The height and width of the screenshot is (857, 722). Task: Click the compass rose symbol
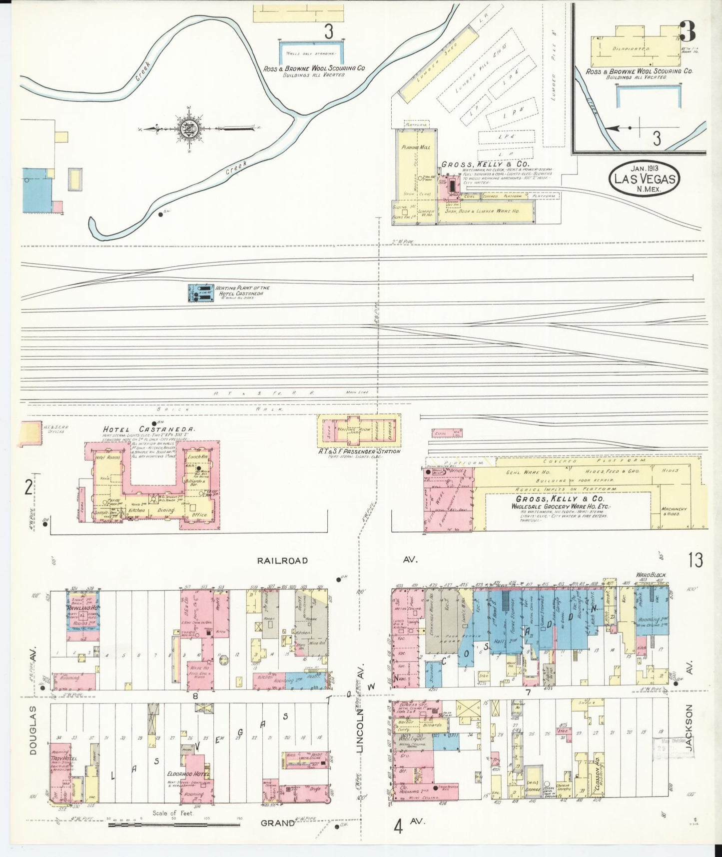click(x=189, y=129)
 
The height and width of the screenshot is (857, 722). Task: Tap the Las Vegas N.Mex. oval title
click(x=645, y=178)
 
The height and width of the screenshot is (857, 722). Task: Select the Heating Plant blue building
click(x=200, y=293)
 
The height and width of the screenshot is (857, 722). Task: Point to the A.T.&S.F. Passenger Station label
click(x=359, y=451)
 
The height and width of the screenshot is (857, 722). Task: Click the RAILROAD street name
click(x=282, y=560)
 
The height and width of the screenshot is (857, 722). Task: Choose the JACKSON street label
click(x=689, y=728)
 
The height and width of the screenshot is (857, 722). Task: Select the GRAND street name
click(x=277, y=823)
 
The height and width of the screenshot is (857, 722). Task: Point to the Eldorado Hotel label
click(x=188, y=773)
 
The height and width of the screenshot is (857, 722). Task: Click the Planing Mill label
click(x=416, y=147)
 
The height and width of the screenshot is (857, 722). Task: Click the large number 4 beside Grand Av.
click(x=398, y=826)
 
